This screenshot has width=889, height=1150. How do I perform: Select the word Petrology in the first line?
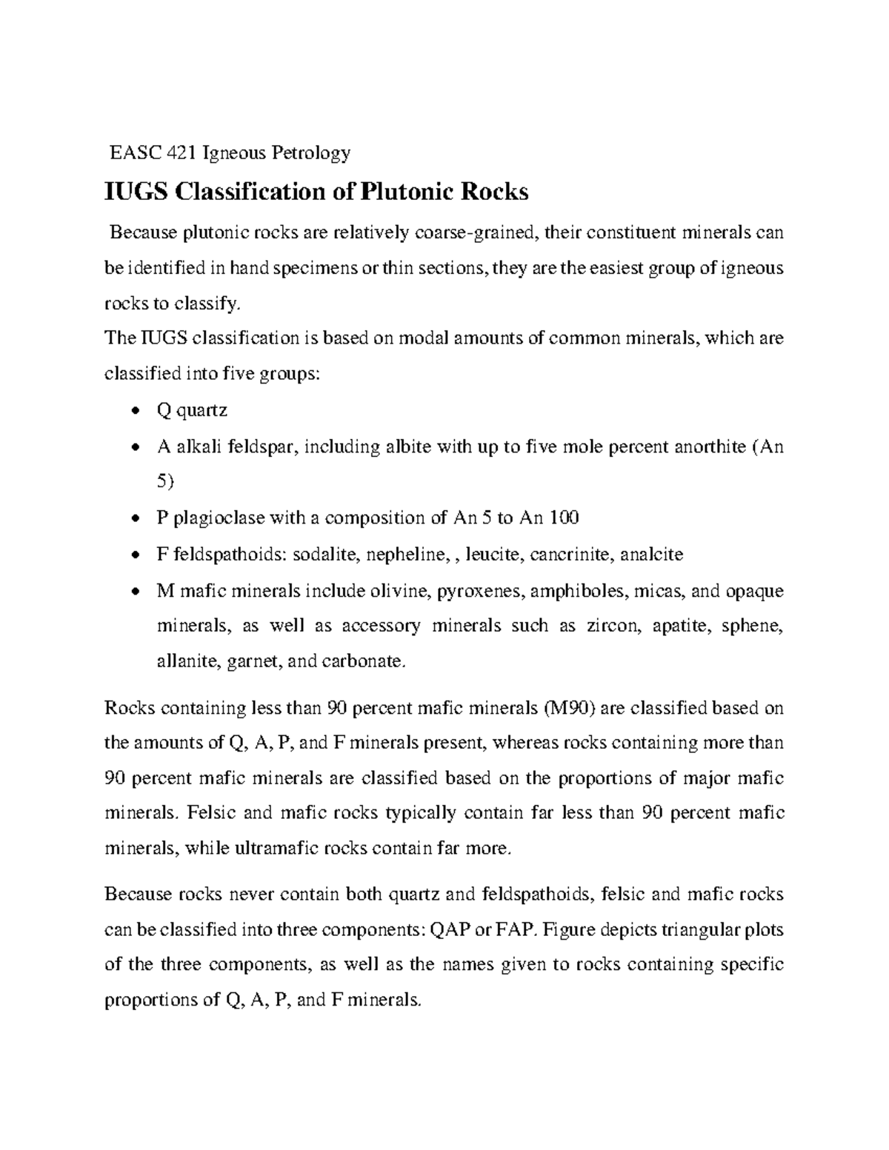pos(311,153)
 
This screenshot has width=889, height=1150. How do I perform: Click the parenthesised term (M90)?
pos(568,708)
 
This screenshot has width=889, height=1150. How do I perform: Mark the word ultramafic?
pos(273,849)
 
